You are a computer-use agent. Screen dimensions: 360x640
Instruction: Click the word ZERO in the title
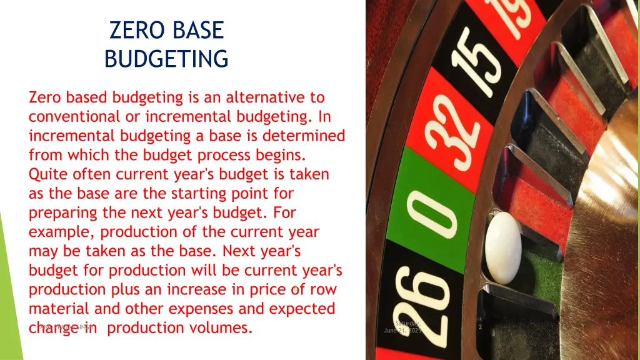click(132, 31)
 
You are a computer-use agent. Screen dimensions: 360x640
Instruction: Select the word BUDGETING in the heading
click(166, 59)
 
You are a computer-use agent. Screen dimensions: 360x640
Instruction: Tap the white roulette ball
click(503, 246)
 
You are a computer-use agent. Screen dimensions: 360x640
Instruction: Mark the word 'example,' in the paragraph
click(62, 232)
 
